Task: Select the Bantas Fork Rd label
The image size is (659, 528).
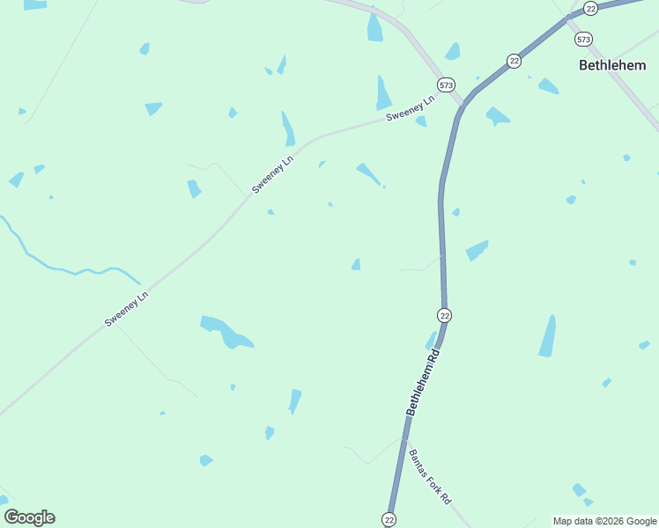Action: point(430,476)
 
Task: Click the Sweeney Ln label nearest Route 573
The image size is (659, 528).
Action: point(411,110)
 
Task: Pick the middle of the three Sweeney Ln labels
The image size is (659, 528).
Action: point(272,175)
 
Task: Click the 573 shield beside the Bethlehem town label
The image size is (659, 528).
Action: point(583,40)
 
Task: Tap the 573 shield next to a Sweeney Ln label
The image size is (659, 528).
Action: point(447,85)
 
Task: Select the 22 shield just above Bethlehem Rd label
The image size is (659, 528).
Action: point(444,315)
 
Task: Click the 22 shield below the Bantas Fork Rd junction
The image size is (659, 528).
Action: point(389,519)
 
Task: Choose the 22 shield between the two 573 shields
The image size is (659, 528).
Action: point(514,60)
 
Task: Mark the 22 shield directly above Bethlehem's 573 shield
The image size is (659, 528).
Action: point(590,8)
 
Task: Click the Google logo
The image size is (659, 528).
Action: point(29,517)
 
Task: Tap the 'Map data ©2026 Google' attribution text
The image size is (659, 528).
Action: point(604,521)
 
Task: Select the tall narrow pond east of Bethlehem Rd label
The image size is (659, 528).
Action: point(548,337)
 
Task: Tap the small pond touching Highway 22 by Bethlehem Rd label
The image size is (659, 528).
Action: point(431,341)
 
